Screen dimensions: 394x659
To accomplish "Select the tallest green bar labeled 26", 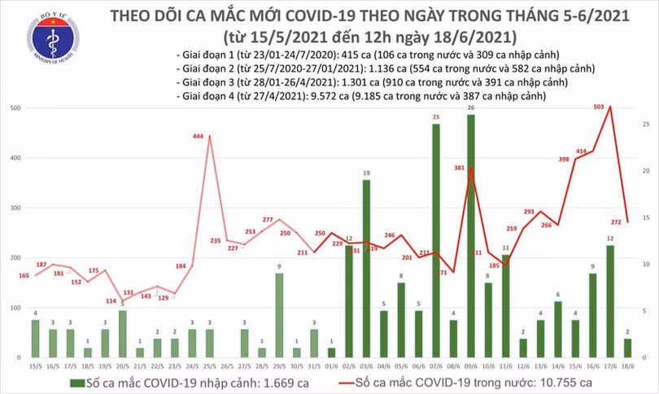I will pos(471,236).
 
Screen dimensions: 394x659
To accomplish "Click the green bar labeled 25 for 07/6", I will pos(436,240).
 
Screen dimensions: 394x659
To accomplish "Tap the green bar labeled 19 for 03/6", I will pos(366,269).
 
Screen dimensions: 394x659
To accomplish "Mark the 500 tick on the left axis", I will pos(15,108).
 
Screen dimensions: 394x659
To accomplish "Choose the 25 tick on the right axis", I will pos(644,124).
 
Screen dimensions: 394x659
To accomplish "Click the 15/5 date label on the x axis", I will pos(34,366).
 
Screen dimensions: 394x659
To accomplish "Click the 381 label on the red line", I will pos(459,169).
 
